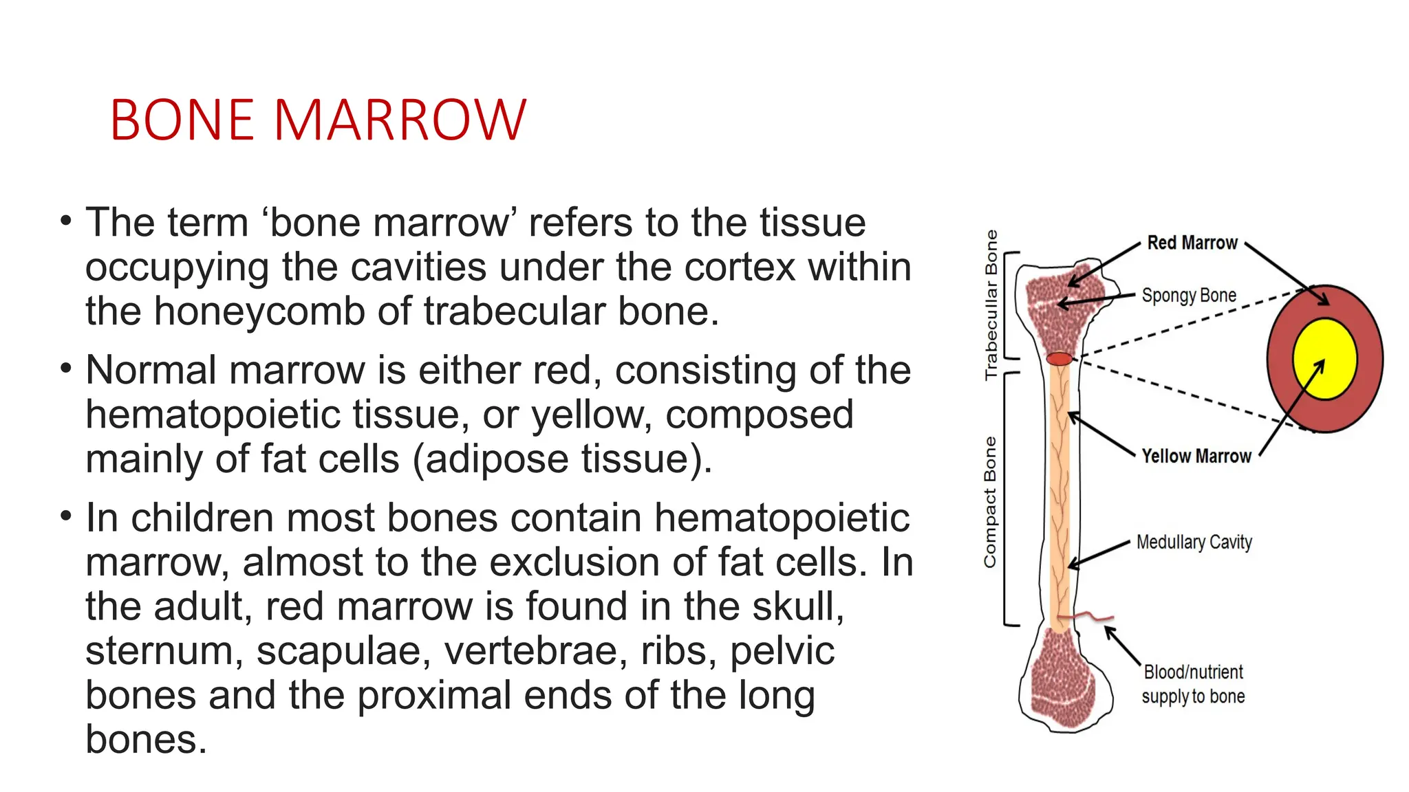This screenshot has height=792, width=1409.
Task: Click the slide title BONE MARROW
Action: tap(318, 120)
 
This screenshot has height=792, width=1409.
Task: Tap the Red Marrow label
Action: tap(1192, 243)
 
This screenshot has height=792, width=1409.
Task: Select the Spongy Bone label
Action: tap(1189, 296)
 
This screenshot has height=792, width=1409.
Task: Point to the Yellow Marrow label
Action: tap(1196, 456)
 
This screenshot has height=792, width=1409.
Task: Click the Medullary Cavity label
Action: tap(1194, 542)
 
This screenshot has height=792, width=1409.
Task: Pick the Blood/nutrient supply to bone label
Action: tap(1193, 684)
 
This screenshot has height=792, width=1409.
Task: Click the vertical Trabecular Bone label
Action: tap(991, 305)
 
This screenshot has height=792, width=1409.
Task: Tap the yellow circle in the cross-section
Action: tap(1324, 359)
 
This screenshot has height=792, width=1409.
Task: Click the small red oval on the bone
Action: tap(1060, 359)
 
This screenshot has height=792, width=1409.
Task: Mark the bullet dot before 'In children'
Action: tap(65, 516)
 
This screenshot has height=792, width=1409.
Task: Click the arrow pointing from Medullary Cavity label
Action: tap(1099, 554)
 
